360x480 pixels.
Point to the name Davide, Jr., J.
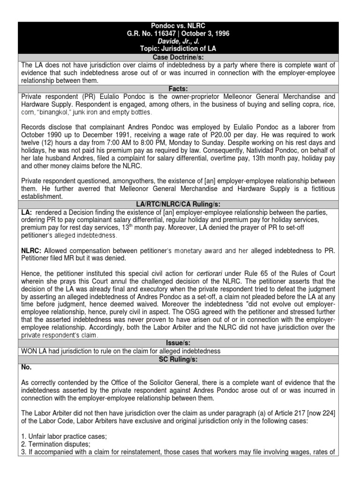tap(180, 41)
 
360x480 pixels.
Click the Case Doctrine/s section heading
tap(180, 57)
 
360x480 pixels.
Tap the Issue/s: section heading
tap(180, 343)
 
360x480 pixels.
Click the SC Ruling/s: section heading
tap(180, 359)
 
